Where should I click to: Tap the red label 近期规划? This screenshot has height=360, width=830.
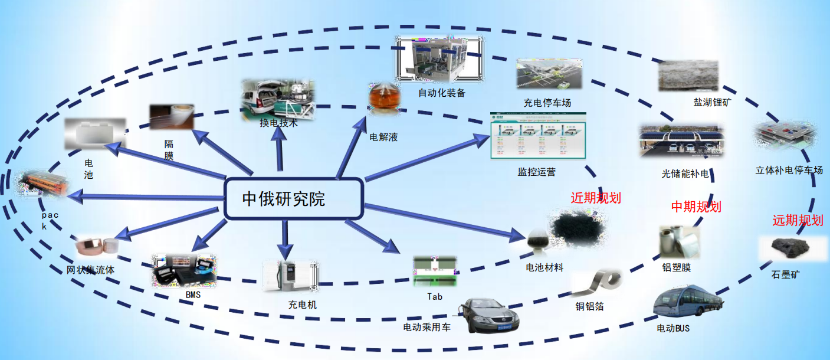596,198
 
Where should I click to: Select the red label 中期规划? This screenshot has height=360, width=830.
696,207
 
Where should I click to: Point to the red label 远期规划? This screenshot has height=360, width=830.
798,221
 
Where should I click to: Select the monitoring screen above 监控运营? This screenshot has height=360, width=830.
537,136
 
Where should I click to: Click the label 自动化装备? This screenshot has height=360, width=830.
442,93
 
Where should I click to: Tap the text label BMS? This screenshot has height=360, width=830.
193,294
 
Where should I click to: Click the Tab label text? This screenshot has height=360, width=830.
435,296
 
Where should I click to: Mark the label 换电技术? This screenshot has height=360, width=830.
278,123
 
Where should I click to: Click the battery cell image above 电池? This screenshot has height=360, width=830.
94,133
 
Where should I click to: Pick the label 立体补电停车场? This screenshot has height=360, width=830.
789,171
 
